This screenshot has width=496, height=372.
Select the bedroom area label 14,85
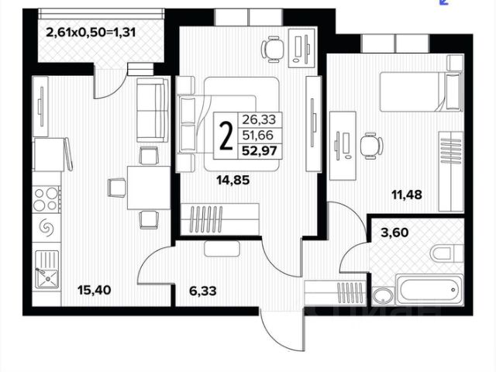233,182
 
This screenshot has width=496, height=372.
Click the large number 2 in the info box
226,137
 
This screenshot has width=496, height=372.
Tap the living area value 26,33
260,119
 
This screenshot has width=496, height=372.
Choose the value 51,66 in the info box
260,134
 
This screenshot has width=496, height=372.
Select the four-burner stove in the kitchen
46,198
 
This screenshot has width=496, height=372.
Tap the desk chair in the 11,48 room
370,144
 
